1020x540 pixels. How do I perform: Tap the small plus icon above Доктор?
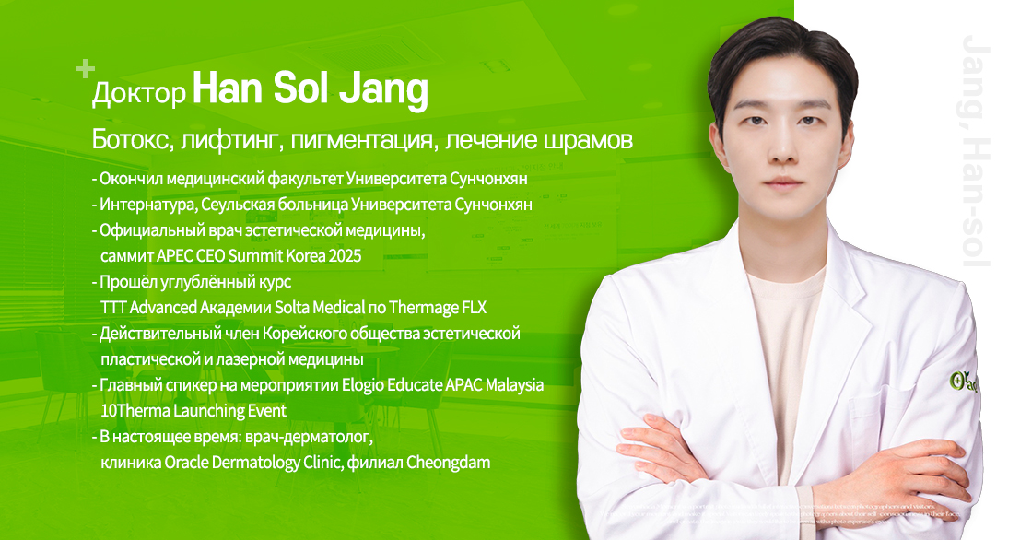pos(85,68)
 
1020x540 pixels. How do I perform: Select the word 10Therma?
pos(139,409)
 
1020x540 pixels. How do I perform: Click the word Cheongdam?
pos(449,461)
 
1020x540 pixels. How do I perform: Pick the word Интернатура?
pos(147,203)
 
